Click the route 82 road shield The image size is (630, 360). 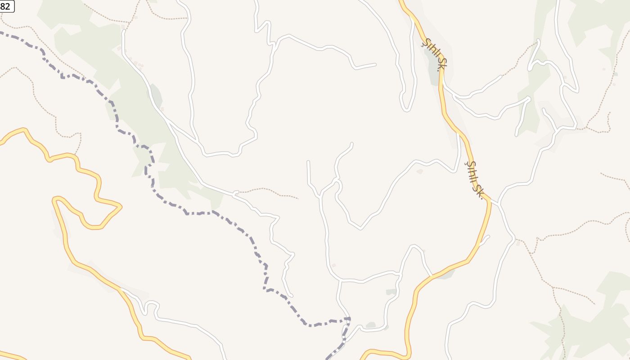pos(6,6)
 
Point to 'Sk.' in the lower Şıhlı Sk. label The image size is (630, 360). pos(479,190)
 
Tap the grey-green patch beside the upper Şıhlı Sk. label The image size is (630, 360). pos(433,67)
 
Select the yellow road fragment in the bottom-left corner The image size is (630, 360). pos(11,356)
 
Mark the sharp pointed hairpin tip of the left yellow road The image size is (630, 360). pos(120,206)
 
